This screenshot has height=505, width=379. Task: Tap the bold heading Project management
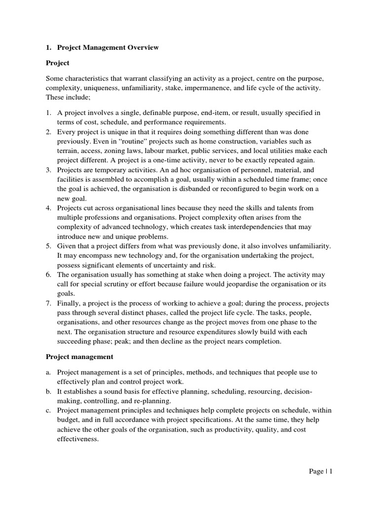click(x=79, y=356)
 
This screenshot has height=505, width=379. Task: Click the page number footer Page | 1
click(x=321, y=471)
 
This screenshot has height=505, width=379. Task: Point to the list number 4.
click(x=48, y=208)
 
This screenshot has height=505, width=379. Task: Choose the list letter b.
click(x=48, y=391)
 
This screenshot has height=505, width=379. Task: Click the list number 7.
click(x=48, y=303)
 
